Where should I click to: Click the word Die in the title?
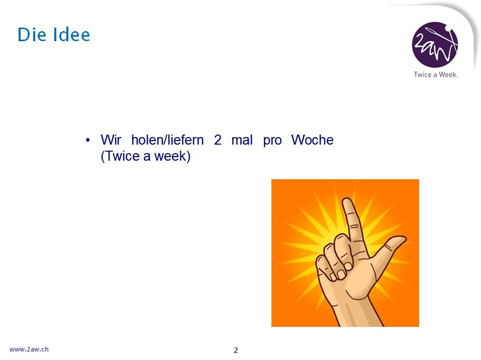tap(32, 34)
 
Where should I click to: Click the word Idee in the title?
tap(71, 34)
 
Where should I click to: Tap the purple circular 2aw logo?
tap(435, 44)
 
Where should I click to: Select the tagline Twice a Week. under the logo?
tap(436, 74)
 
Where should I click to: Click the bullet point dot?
tap(88, 140)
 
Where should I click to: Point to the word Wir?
tap(111, 140)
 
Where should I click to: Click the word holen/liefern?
tap(167, 140)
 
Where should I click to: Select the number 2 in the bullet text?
tap(218, 140)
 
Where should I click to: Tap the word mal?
tap(242, 140)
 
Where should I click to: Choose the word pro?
tap(272, 141)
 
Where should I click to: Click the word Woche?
tap(312, 140)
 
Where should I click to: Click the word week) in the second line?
tap(172, 156)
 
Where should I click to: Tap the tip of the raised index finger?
tap(348, 199)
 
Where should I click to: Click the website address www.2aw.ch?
tap(29, 349)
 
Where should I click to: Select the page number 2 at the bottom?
tap(236, 350)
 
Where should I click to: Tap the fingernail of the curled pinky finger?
tap(332, 277)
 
